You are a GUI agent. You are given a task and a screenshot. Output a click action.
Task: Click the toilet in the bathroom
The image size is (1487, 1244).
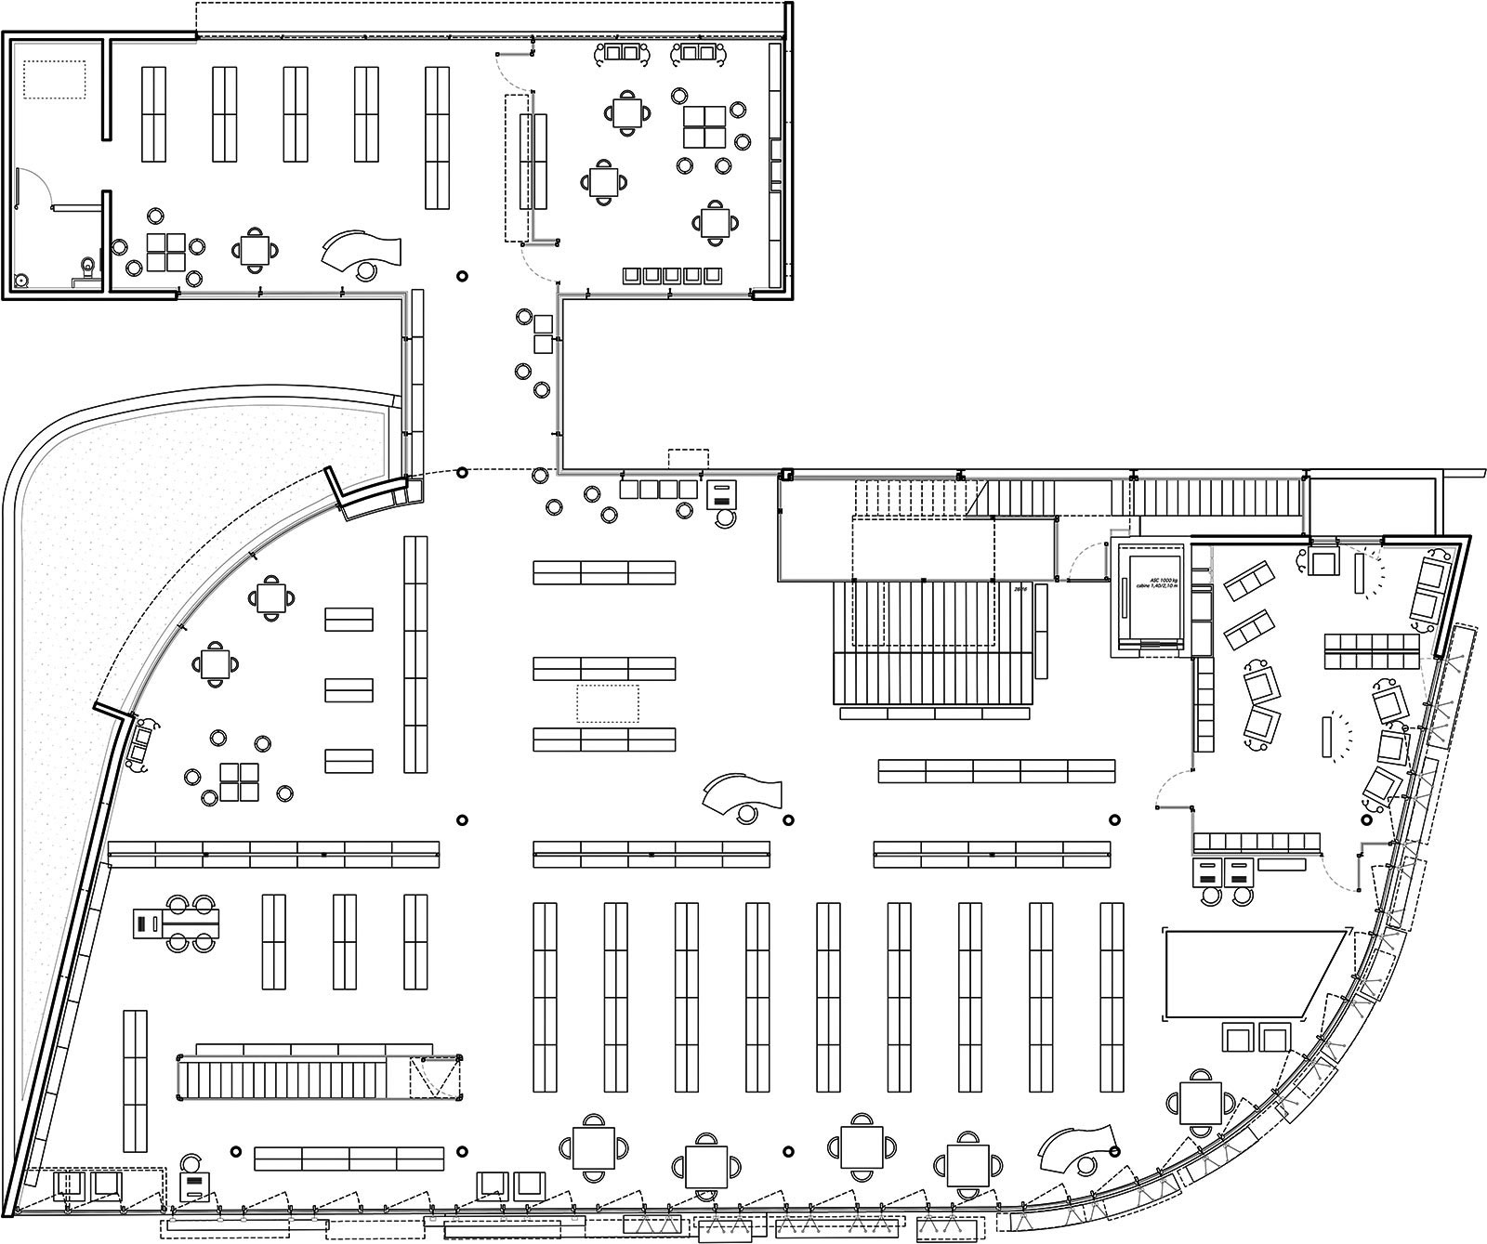click(x=86, y=266)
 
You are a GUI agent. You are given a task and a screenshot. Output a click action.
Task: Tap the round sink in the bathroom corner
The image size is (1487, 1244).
click(x=20, y=278)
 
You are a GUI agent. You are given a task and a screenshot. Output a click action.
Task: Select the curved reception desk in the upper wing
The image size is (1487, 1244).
click(x=362, y=249)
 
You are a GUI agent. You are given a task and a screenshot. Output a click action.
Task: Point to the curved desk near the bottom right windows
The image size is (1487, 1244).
click(x=1077, y=1148)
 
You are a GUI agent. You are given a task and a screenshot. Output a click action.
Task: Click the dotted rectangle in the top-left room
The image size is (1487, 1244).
click(x=55, y=80)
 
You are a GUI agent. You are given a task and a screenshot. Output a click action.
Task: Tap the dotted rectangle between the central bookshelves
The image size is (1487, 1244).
click(x=609, y=703)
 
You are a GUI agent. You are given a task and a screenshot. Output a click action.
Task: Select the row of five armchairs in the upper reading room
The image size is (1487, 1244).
click(x=673, y=275)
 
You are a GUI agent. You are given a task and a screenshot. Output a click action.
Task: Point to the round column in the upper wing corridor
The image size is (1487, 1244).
click(x=462, y=276)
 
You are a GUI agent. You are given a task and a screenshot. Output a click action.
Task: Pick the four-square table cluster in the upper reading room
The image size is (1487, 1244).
click(x=704, y=127)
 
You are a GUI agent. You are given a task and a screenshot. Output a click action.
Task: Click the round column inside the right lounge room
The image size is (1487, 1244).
click(x=1367, y=820)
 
